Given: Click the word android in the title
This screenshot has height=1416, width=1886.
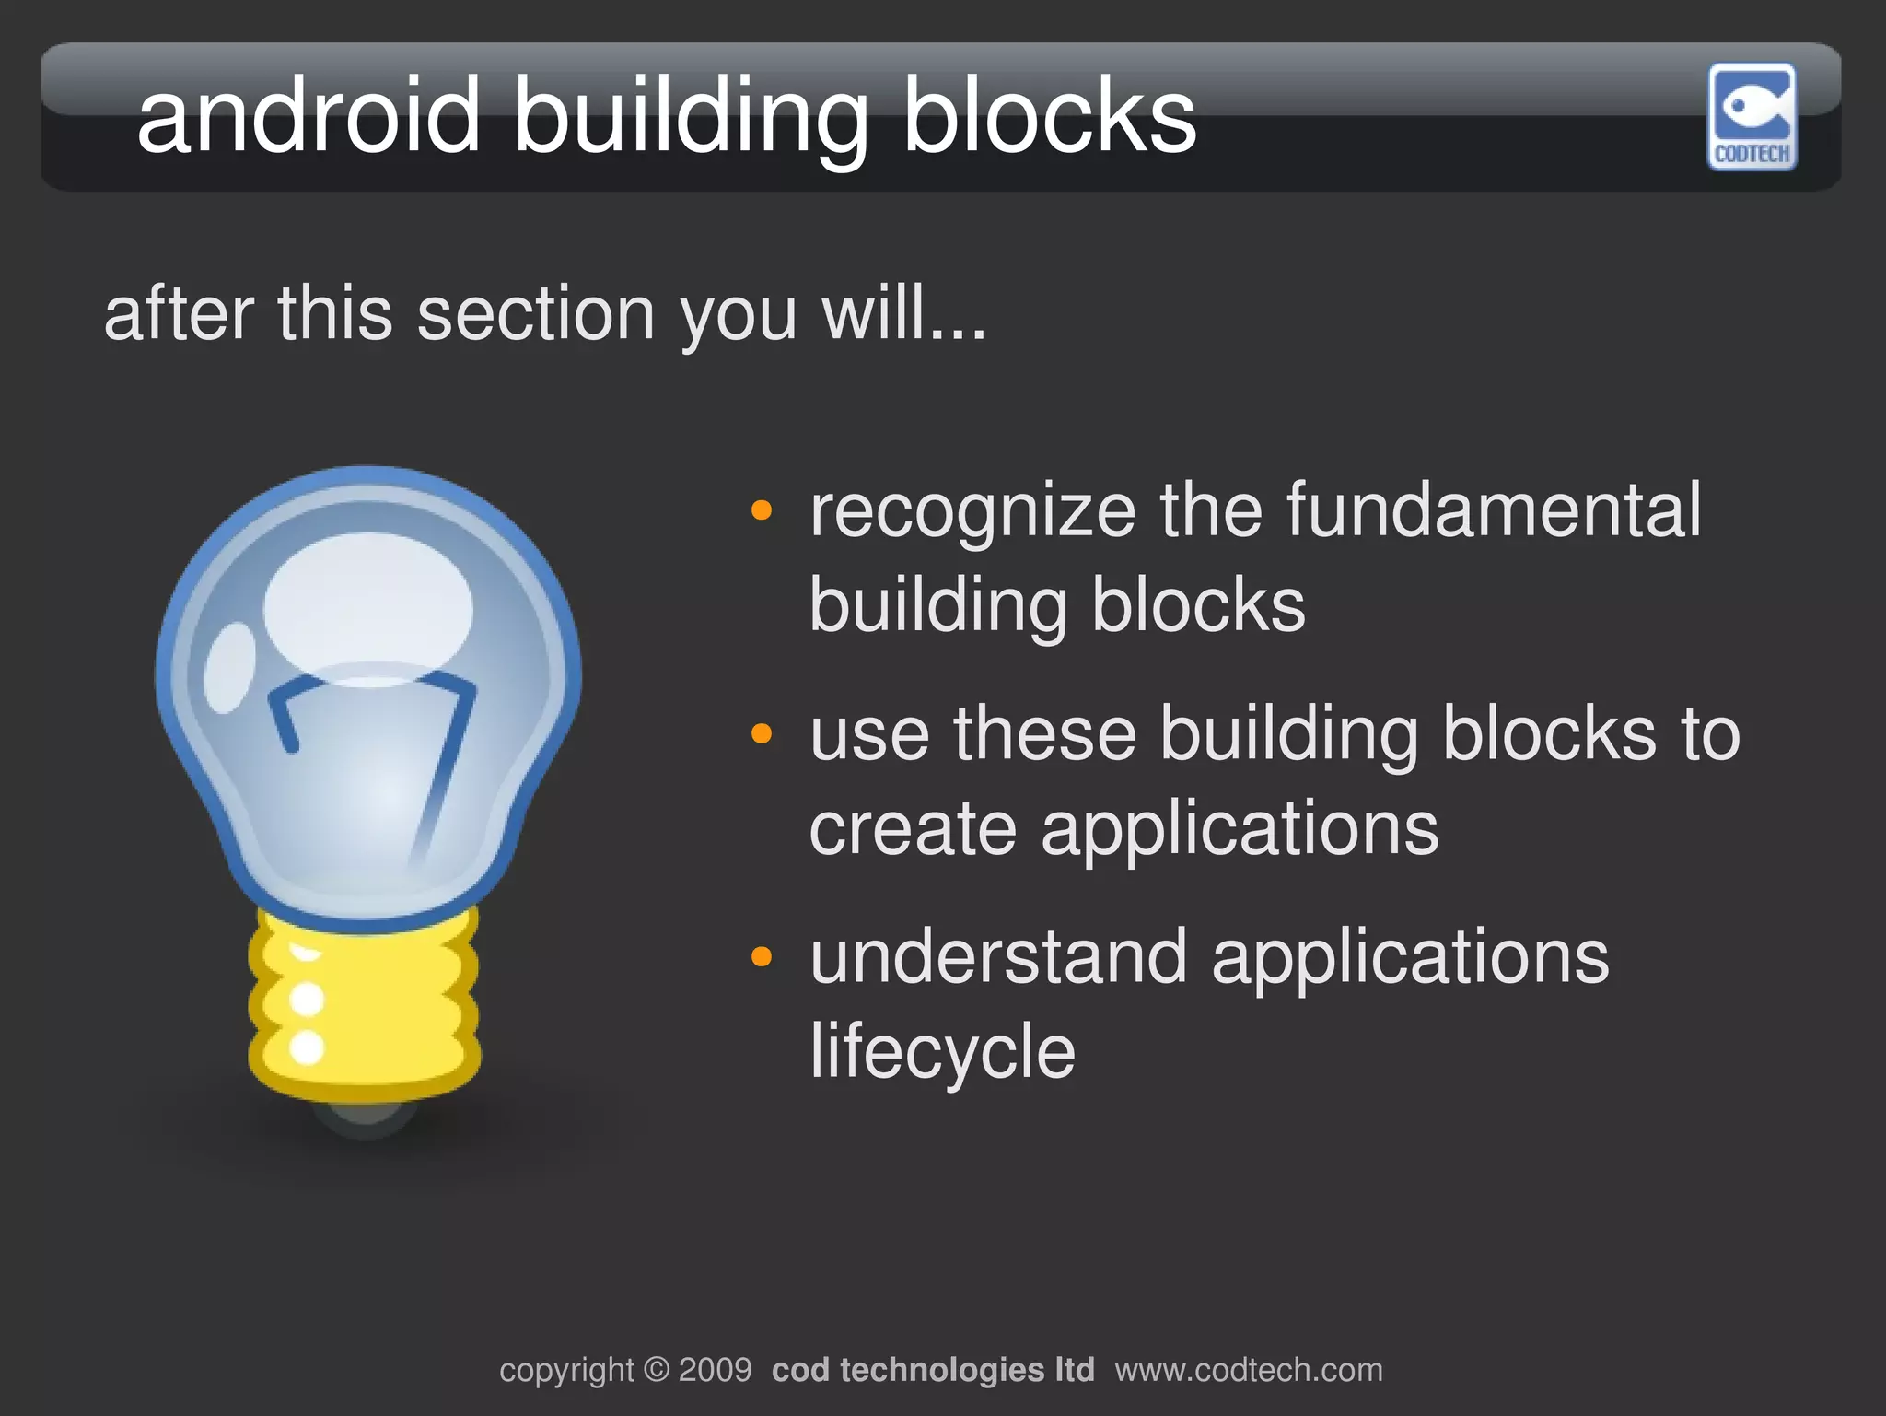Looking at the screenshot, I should [x=309, y=116].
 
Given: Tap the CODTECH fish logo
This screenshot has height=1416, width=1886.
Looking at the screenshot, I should [x=1752, y=116].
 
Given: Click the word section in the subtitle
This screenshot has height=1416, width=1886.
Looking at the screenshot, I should [x=536, y=314].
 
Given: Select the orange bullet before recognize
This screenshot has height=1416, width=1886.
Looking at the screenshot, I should [x=761, y=509].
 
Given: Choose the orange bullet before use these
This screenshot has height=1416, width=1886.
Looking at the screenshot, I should [x=761, y=733].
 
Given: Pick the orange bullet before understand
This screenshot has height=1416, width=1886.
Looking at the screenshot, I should [x=761, y=956].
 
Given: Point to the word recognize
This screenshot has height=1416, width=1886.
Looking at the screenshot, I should [x=972, y=512].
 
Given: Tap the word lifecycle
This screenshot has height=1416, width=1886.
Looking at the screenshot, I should [x=942, y=1051].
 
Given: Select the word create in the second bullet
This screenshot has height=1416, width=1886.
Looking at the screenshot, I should [x=913, y=828].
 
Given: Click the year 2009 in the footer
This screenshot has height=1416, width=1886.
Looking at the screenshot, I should [x=715, y=1370].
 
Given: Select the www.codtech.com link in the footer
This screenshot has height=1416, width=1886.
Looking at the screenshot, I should [x=1249, y=1370].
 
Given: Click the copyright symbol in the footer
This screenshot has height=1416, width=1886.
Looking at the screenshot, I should [x=656, y=1370].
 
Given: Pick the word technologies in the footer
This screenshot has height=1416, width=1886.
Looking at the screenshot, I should [x=942, y=1370].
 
